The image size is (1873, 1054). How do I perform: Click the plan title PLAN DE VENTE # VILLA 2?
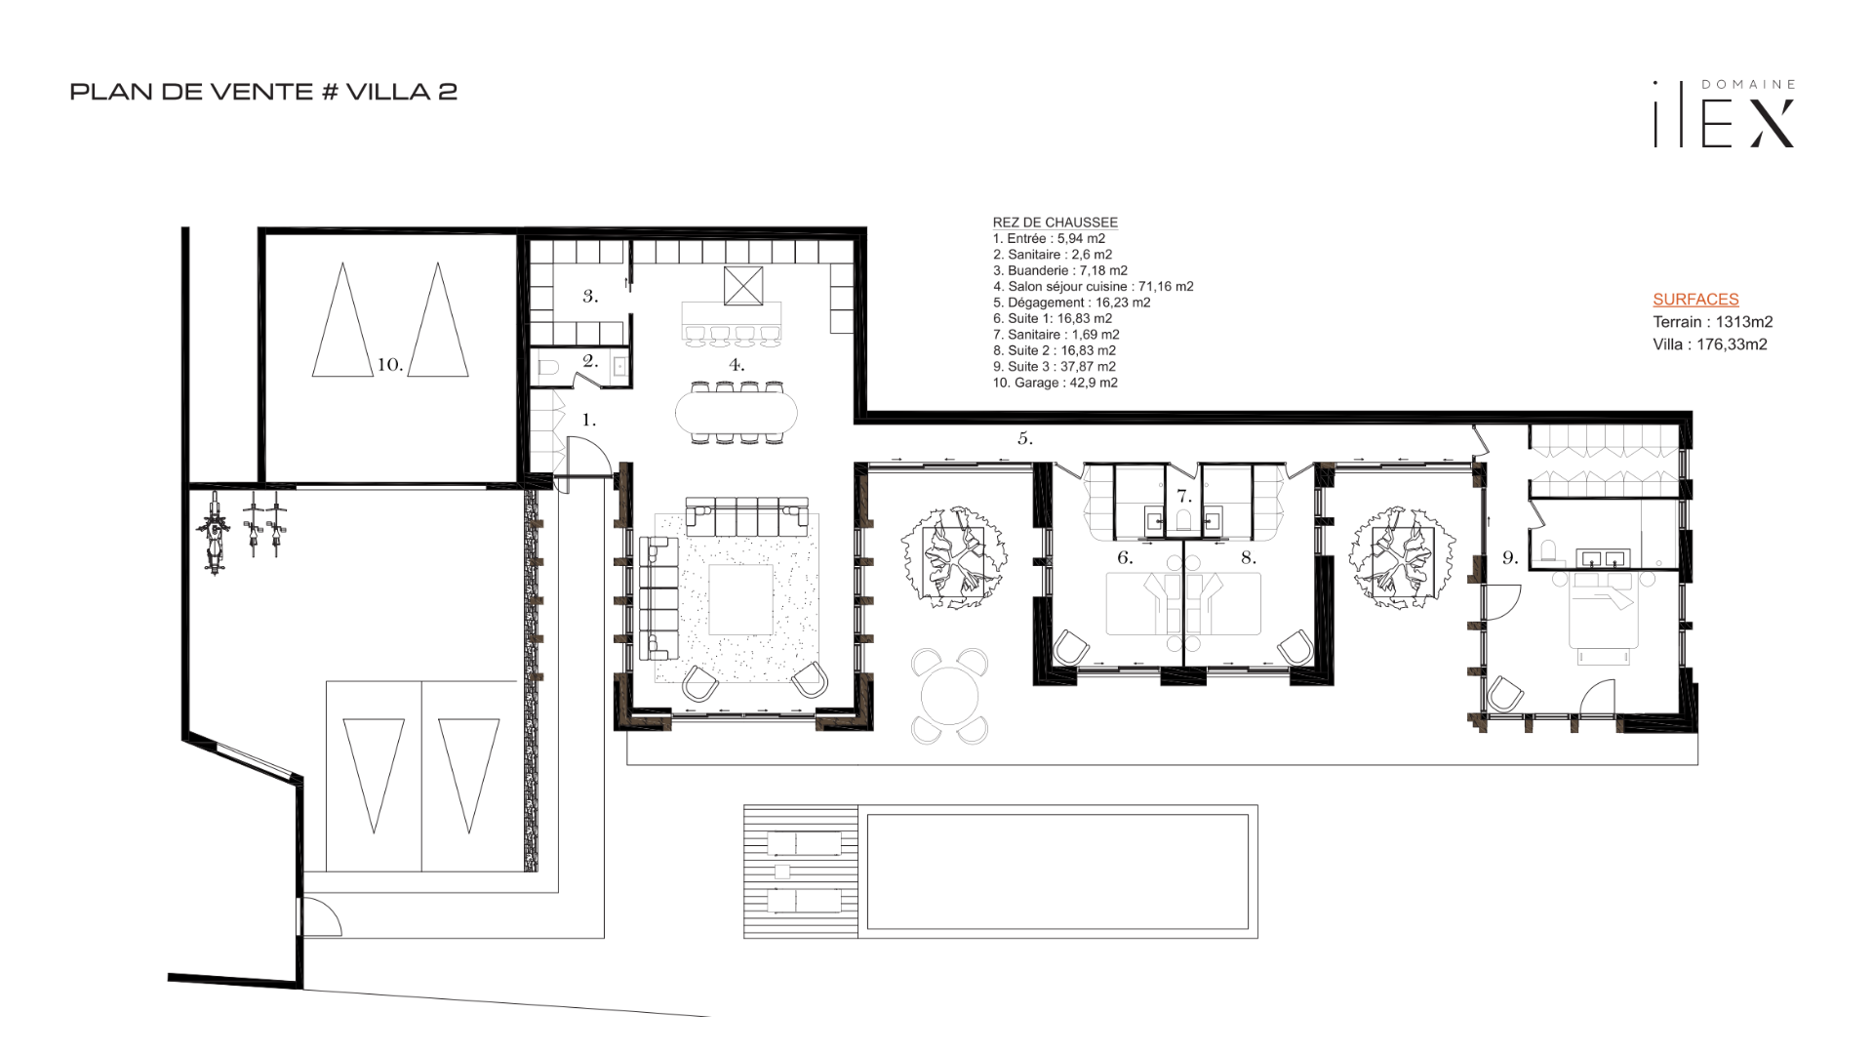(x=263, y=92)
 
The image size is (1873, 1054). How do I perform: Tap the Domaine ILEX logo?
(x=1724, y=114)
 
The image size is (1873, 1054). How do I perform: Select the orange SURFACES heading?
(x=1695, y=300)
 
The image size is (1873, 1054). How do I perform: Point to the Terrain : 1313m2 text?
(x=1712, y=322)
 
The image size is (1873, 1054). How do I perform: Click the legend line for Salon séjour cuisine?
(x=1093, y=287)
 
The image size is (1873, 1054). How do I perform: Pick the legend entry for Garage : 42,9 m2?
(x=1055, y=383)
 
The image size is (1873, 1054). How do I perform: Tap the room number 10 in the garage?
(x=390, y=365)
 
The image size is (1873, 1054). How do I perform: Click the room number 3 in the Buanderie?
(x=590, y=296)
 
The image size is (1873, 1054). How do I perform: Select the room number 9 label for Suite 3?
(x=1510, y=558)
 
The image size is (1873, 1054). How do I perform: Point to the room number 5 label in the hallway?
(x=1025, y=439)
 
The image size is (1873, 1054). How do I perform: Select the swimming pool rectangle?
(x=1057, y=872)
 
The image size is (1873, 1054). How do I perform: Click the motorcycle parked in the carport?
(x=214, y=533)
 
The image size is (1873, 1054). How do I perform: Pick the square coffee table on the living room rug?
(x=740, y=600)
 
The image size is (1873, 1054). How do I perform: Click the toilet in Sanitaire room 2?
(x=548, y=369)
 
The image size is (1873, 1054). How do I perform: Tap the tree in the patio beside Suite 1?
(x=953, y=558)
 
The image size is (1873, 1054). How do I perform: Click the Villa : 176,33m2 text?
(x=1709, y=345)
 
